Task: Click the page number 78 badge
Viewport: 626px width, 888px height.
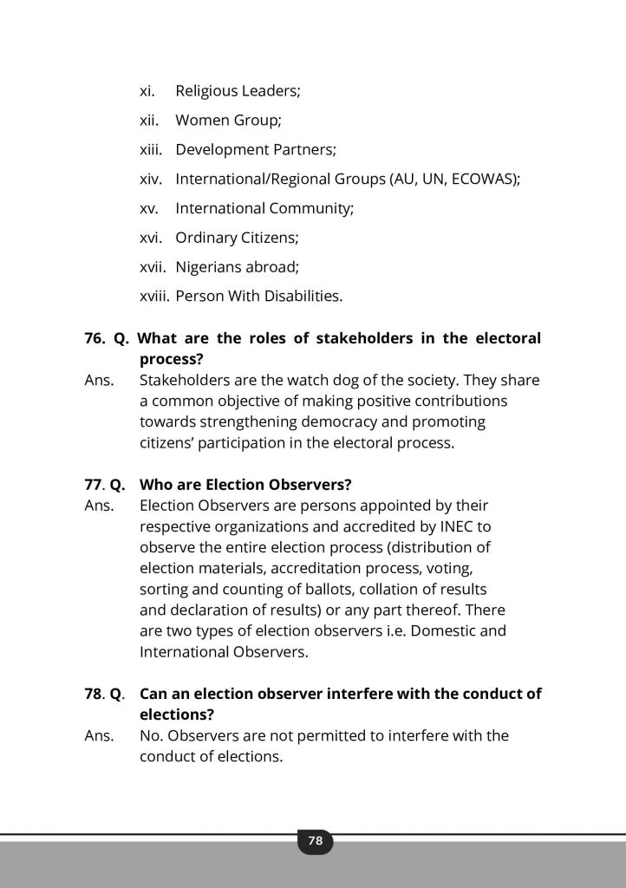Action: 315,840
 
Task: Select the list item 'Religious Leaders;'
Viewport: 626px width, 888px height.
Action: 237,90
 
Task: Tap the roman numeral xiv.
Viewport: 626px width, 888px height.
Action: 151,179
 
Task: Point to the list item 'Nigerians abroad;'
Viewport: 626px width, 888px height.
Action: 237,267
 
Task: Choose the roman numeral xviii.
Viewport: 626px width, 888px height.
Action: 154,297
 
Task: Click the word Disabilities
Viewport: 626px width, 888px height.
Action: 300,297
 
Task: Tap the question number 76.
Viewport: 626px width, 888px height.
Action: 95,338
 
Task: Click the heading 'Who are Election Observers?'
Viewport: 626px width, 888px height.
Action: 245,484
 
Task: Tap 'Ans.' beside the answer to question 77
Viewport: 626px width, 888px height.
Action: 99,505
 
